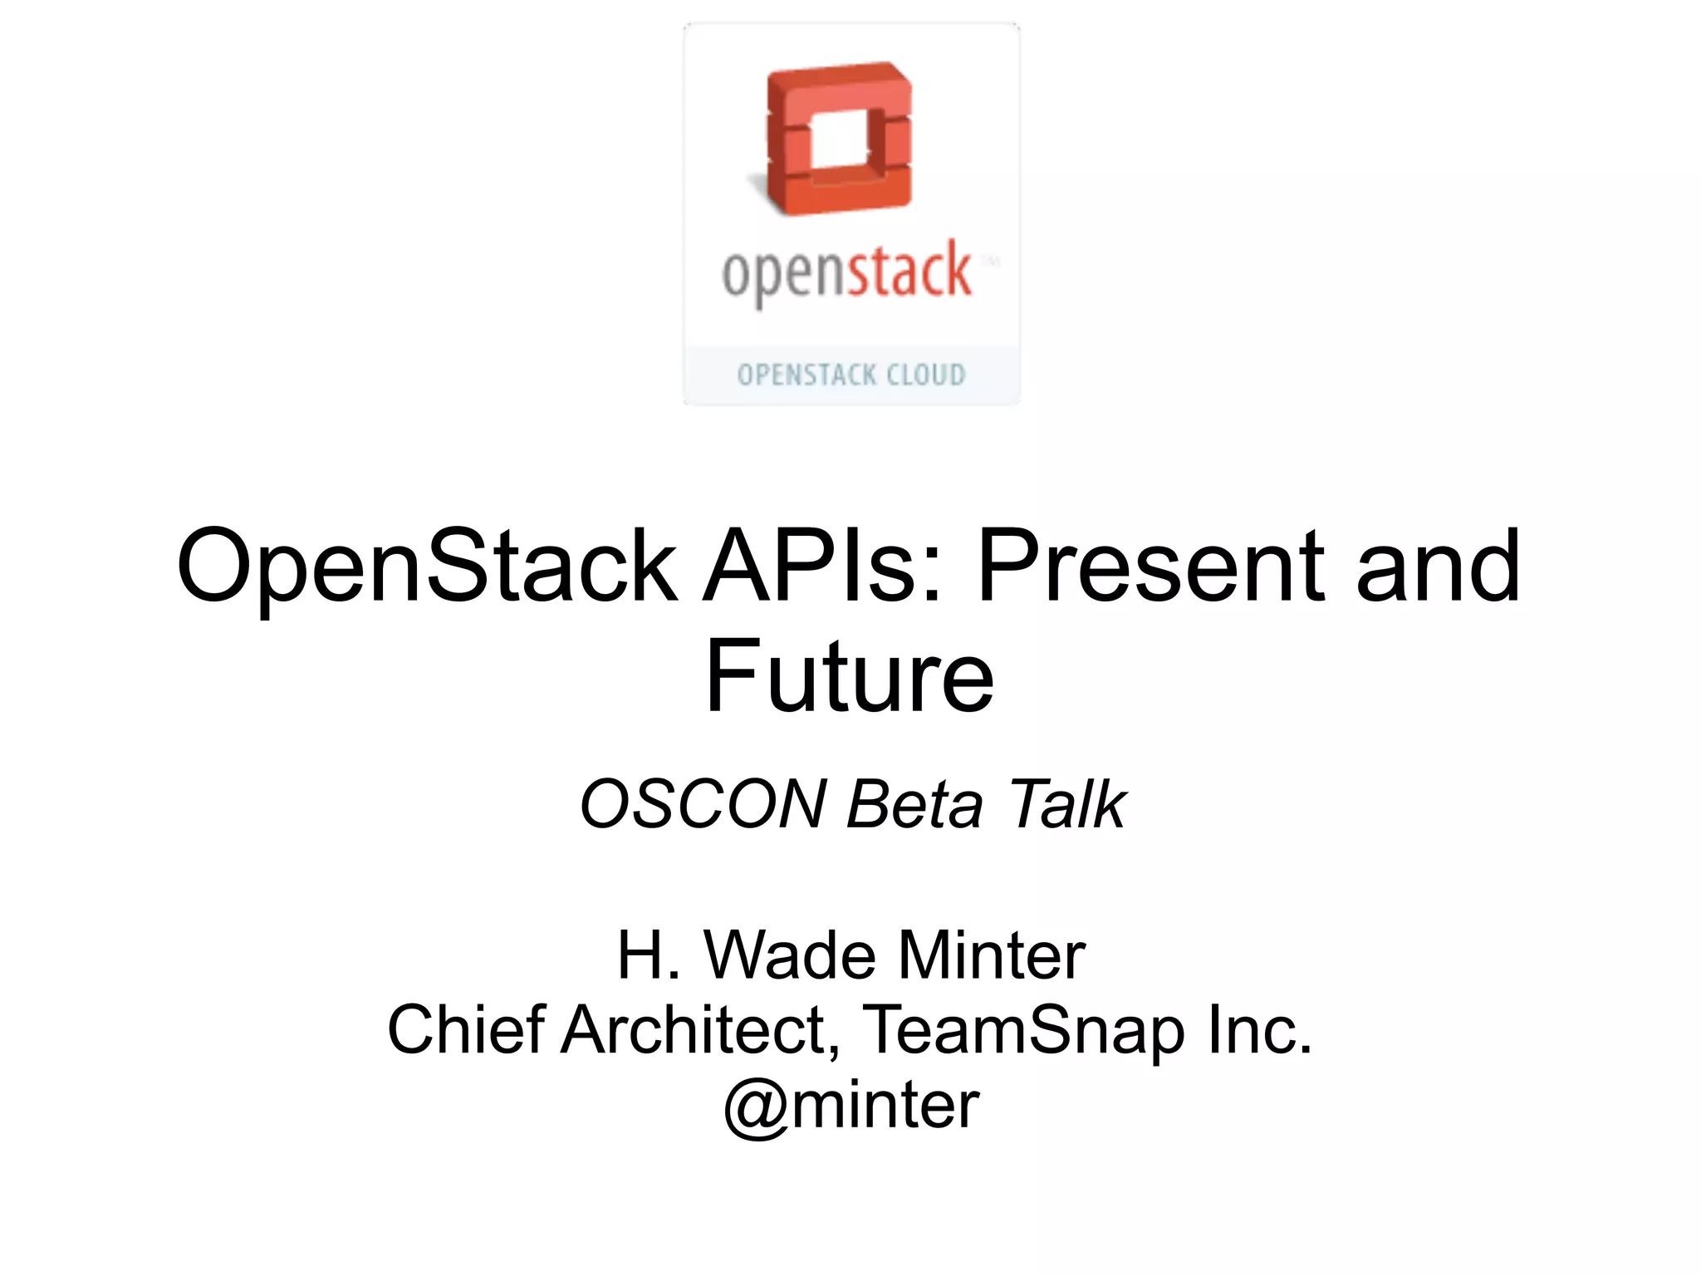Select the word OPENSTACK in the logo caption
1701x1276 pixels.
pos(806,375)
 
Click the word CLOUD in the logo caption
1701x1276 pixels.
pos(925,375)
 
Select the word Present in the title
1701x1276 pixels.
pos(1151,567)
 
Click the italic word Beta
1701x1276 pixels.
pos(914,804)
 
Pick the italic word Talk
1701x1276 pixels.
pos(1066,804)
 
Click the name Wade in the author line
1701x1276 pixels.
pos(790,955)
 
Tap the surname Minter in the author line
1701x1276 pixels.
pos(992,955)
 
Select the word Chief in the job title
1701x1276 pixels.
pos(467,1030)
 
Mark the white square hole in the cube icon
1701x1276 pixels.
pos(839,141)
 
